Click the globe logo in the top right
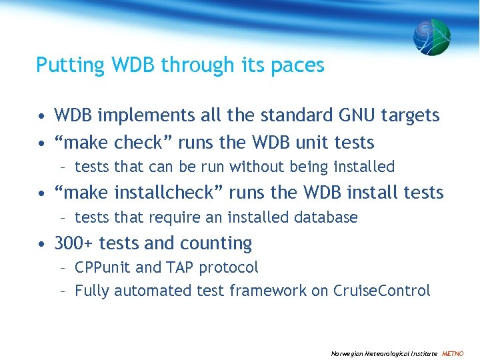click(431, 37)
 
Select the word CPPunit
click(103, 267)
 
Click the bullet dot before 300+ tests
click(41, 244)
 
